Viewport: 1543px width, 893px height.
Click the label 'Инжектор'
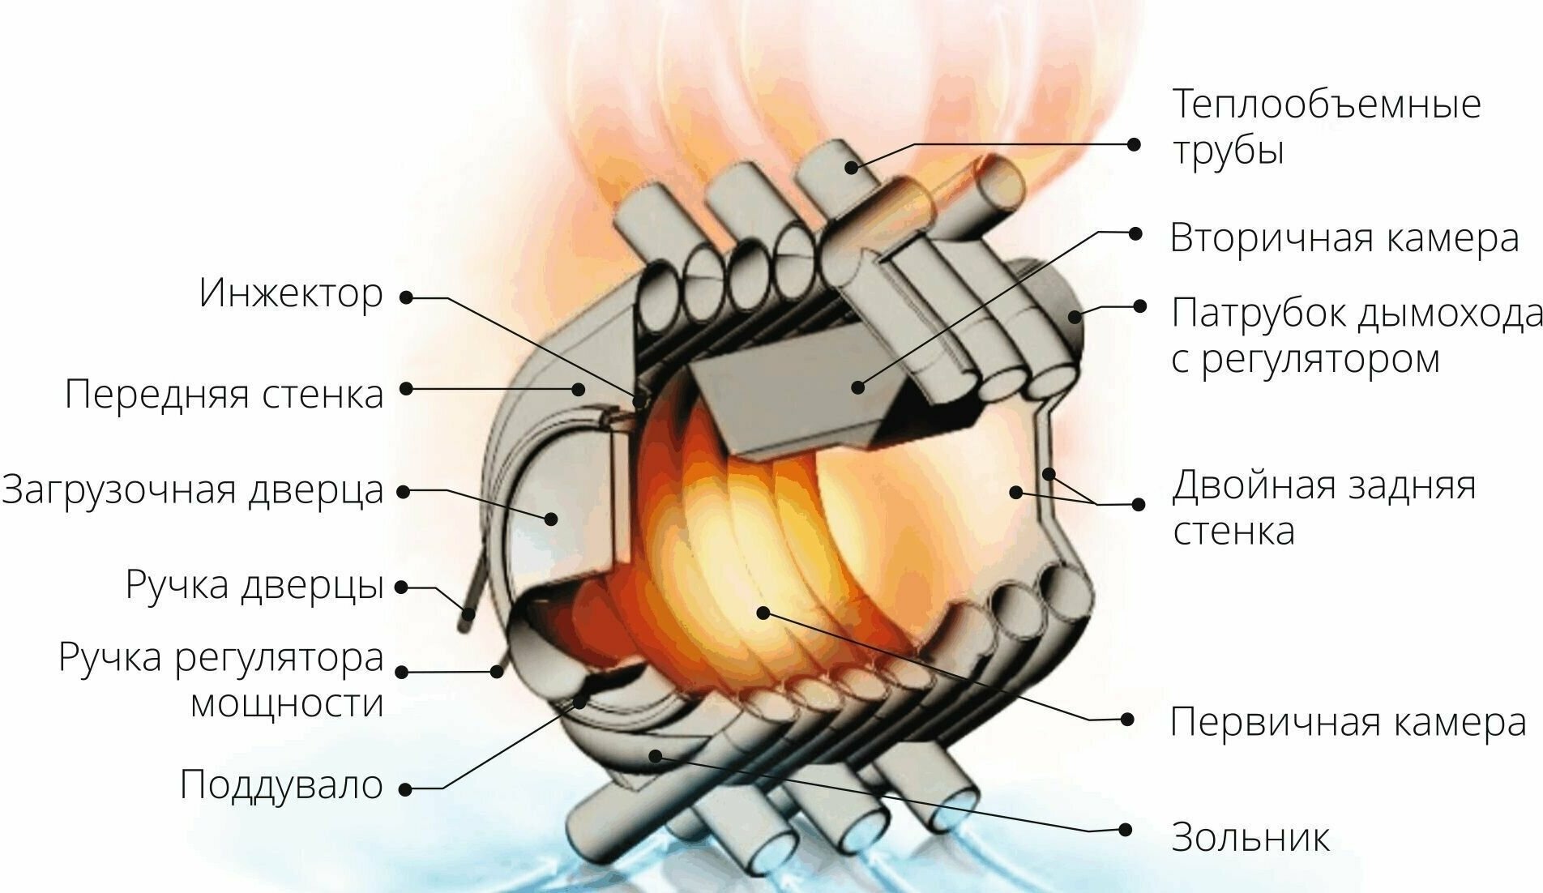290,294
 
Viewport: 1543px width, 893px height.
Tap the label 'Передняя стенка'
224,395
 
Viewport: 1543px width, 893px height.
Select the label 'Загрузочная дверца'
193,489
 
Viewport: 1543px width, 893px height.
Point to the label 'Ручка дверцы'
254,585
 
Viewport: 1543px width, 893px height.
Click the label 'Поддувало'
281,784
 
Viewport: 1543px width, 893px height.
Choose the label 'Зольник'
1250,837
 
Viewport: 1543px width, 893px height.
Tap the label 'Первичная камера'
1348,721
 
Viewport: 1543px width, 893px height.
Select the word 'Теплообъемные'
1327,105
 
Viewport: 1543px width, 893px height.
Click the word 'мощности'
286,703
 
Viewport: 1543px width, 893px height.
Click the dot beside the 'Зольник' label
1126,830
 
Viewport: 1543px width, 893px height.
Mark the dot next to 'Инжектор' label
406,297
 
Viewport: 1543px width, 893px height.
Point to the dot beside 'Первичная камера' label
1126,719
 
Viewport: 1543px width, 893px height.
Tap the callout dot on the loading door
552,518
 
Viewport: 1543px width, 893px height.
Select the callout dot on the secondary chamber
858,387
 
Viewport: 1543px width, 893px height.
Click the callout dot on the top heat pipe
852,167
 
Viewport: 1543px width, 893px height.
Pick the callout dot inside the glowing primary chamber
763,612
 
